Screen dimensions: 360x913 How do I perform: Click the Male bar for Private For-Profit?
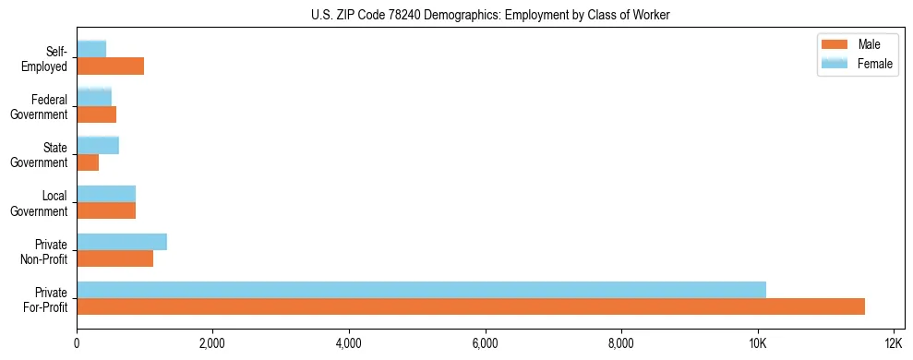click(471, 306)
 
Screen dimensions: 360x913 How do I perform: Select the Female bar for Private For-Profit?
click(421, 290)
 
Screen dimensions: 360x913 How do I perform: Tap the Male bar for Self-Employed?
click(110, 66)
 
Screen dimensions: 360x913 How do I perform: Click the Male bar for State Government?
click(88, 162)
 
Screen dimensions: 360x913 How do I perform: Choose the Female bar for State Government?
click(98, 146)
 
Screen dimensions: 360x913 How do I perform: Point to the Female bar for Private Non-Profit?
click(122, 242)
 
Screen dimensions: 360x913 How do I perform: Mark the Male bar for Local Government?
click(106, 210)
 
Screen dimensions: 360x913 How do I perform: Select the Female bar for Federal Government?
click(94, 98)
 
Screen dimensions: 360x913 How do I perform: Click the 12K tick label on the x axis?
click(893, 343)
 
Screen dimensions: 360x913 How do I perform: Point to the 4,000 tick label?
click(349, 343)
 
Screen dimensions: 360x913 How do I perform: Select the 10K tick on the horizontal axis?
click(757, 343)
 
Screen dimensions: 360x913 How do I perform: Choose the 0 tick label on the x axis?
click(77, 343)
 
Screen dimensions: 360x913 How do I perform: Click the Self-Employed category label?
click(45, 59)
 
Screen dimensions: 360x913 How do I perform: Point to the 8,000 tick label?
click(621, 343)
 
